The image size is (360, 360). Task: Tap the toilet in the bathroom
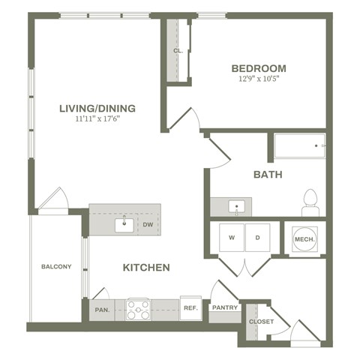[x=310, y=202]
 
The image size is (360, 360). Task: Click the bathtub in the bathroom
[x=299, y=145]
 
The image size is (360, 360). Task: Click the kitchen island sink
[x=124, y=223]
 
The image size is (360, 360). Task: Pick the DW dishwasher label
[x=148, y=223]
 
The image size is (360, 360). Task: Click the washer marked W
[x=231, y=238]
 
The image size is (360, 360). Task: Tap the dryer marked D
[x=257, y=238]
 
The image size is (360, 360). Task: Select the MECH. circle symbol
[x=304, y=239]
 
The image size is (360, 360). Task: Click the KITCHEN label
[x=146, y=267]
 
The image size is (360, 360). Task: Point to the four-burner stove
[x=139, y=309]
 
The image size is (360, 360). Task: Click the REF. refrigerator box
[x=190, y=308]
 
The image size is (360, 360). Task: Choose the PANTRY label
[x=224, y=307]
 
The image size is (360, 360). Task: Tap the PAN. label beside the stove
[x=102, y=308]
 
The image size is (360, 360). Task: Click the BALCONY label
[x=56, y=266]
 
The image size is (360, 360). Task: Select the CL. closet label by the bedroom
[x=178, y=51]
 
